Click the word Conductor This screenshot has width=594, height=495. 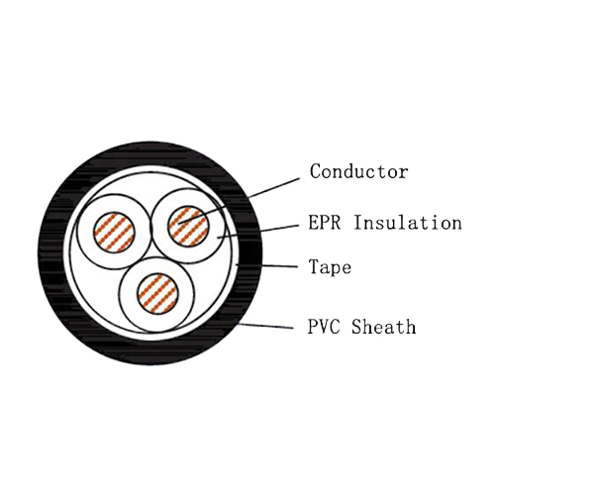[358, 171]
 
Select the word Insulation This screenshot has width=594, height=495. [408, 223]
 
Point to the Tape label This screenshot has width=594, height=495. [330, 267]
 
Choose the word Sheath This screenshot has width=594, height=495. [385, 327]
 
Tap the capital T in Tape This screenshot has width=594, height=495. [315, 267]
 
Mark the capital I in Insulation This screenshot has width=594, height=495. [360, 223]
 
